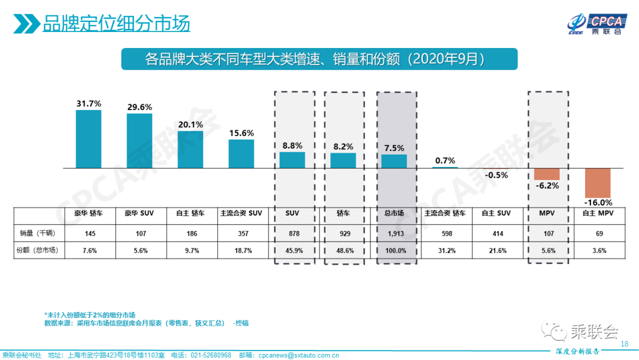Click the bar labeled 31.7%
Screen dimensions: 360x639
tap(89, 139)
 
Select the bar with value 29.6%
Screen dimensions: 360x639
tap(140, 141)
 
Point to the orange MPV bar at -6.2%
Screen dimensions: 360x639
tap(547, 173)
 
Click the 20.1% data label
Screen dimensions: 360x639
tap(191, 124)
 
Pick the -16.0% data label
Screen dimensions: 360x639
tap(598, 202)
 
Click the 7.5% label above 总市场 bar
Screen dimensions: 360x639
tap(394, 148)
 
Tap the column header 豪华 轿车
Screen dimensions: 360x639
tap(89, 213)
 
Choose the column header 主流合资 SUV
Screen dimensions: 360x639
tap(241, 213)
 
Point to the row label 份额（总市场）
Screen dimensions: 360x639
tap(38, 250)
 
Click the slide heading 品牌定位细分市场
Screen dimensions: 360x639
tap(116, 24)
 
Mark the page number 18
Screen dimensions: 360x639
tap(624, 344)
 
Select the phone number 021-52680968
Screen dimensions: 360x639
tap(210, 355)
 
